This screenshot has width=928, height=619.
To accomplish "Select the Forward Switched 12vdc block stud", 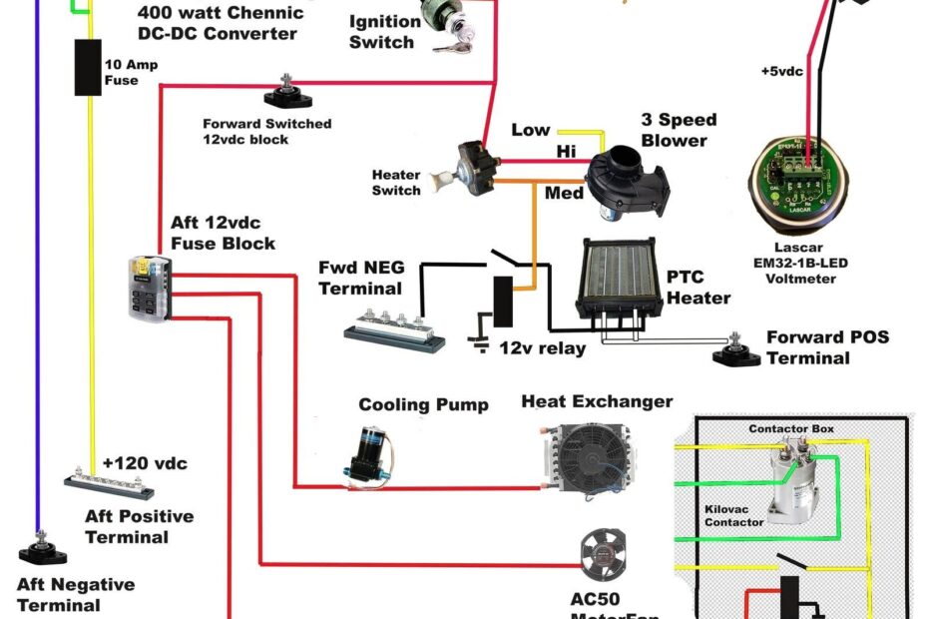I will click(286, 95).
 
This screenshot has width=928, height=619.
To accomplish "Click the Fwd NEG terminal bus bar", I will click(394, 329).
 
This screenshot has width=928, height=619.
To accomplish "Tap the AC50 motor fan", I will click(603, 552).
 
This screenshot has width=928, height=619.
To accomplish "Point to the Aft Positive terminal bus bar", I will click(109, 486).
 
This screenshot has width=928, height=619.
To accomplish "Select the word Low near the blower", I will click(531, 130).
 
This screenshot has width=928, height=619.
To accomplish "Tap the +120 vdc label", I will click(145, 463).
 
